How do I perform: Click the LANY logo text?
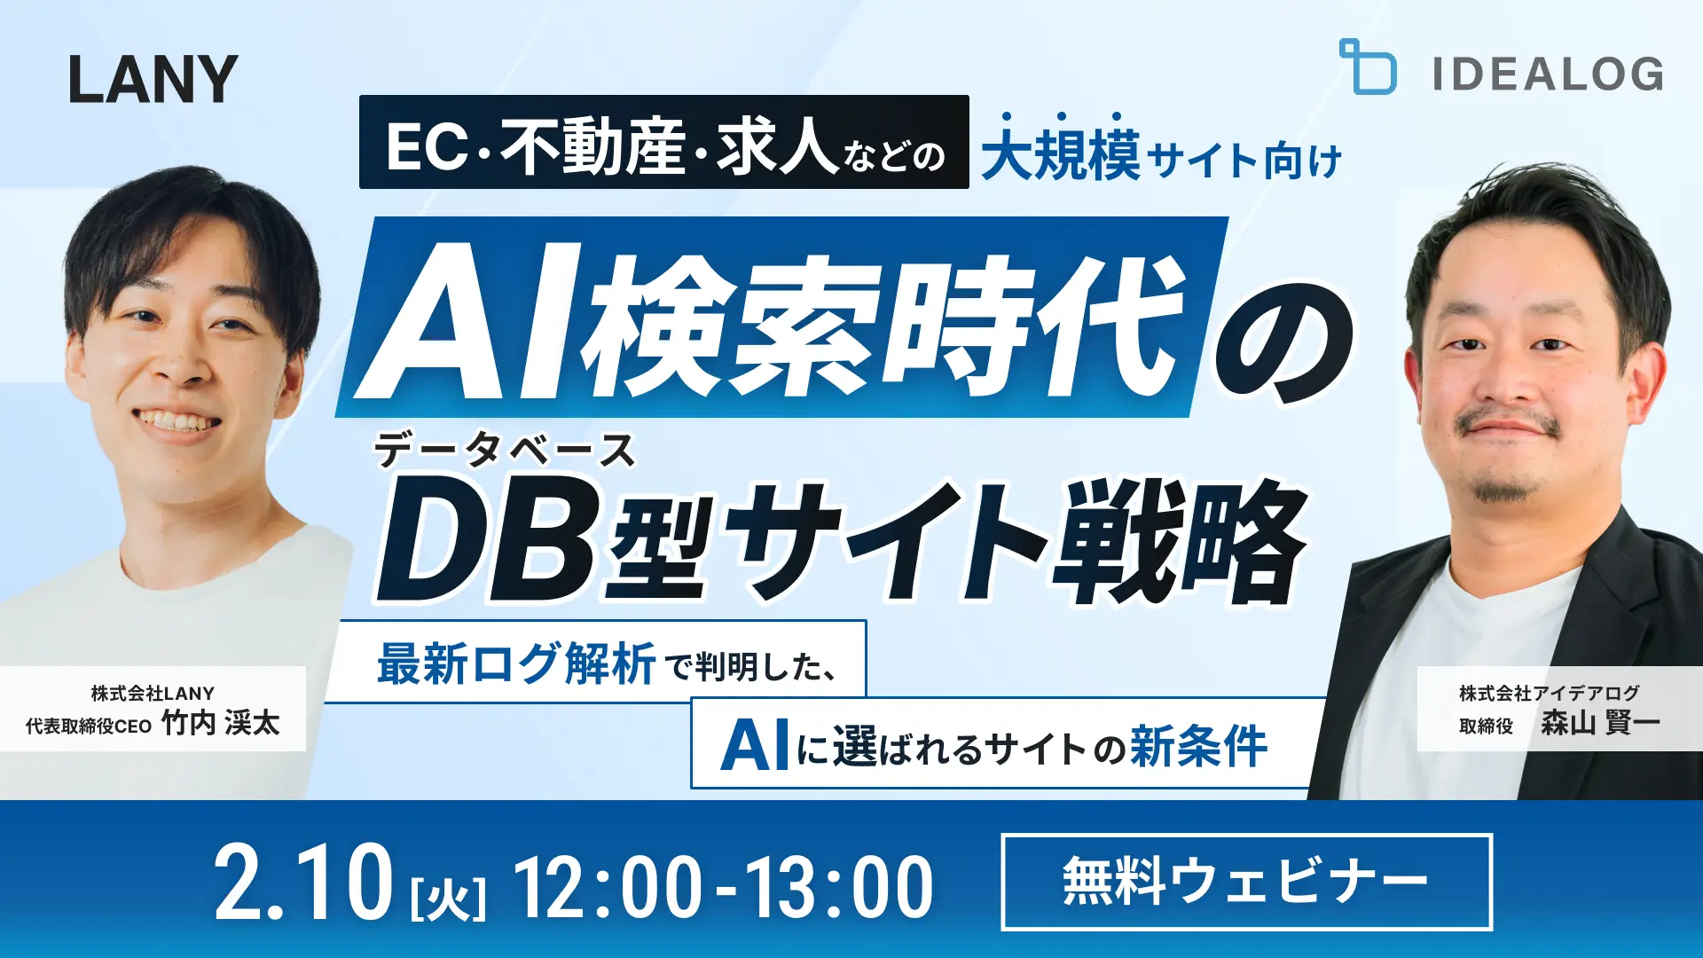(153, 80)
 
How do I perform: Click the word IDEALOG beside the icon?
(1548, 74)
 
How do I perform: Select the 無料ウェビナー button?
(1246, 882)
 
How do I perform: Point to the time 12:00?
(608, 886)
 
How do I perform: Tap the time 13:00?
(838, 886)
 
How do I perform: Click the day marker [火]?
(449, 898)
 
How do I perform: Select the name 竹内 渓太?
(221, 724)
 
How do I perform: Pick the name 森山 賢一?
(1599, 724)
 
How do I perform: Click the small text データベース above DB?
(504, 451)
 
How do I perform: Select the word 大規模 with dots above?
(1060, 156)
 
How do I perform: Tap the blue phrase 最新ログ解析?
(516, 664)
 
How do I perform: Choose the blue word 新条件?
(1198, 746)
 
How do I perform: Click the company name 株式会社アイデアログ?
(1549, 693)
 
